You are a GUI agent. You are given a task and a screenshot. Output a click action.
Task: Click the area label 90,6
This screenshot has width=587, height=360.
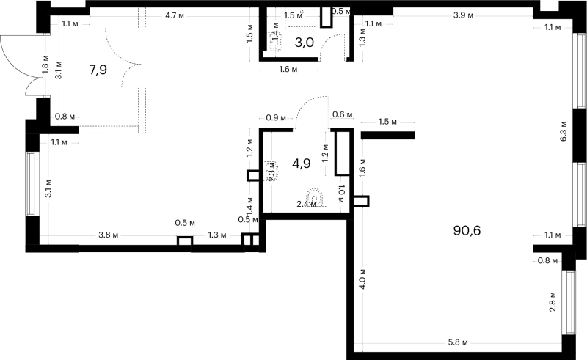(x=467, y=230)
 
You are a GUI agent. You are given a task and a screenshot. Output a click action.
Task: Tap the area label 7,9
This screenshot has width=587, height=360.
(x=98, y=70)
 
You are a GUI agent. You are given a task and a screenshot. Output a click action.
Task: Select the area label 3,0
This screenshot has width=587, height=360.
(x=304, y=43)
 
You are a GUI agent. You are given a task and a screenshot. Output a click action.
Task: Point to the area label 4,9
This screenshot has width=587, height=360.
(x=302, y=164)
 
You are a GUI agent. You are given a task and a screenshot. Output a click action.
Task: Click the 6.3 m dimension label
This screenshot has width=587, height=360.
(x=564, y=132)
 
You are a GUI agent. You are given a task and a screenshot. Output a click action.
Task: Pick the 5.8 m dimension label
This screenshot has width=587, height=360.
(x=458, y=342)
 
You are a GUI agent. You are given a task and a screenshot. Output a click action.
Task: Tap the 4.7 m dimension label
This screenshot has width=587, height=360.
(x=175, y=15)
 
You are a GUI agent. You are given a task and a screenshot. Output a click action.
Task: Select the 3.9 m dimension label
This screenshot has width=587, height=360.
(x=464, y=15)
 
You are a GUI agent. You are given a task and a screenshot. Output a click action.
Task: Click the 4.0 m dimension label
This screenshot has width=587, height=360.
(x=362, y=279)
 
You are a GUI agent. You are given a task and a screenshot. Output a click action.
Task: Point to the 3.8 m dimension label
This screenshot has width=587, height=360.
(x=108, y=235)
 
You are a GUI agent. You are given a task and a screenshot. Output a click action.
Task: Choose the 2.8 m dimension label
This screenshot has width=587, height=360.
(x=553, y=301)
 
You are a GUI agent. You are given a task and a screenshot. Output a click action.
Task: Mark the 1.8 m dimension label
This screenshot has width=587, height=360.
(x=45, y=64)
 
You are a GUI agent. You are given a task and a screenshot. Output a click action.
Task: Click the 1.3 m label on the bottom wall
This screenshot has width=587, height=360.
(x=217, y=235)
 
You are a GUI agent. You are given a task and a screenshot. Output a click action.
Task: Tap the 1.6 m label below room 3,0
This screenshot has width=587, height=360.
(x=288, y=70)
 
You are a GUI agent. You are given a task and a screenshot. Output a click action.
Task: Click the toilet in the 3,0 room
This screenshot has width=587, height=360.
(x=275, y=40)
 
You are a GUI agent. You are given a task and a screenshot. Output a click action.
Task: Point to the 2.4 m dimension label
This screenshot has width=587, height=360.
(x=306, y=205)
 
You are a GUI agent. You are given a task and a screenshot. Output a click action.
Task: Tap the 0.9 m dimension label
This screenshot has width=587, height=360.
(x=276, y=118)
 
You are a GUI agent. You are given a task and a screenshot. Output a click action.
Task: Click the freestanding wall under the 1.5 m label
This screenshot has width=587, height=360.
(x=388, y=135)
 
